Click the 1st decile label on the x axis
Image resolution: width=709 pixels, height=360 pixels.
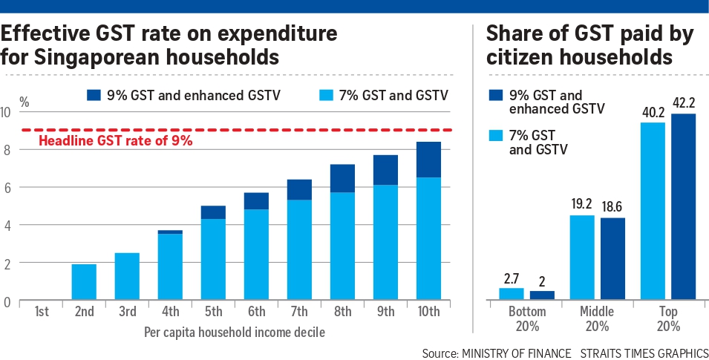click(x=42, y=312)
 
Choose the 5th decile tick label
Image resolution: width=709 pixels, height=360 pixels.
click(x=213, y=312)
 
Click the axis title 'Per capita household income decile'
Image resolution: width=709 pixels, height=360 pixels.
click(x=234, y=332)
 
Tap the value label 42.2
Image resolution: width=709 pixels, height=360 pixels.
click(x=684, y=103)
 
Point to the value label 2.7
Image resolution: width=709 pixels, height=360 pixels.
click(x=511, y=278)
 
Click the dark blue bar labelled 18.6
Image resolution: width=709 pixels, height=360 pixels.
click(x=612, y=259)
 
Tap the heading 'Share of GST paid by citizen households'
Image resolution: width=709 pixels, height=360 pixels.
click(x=579, y=45)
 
